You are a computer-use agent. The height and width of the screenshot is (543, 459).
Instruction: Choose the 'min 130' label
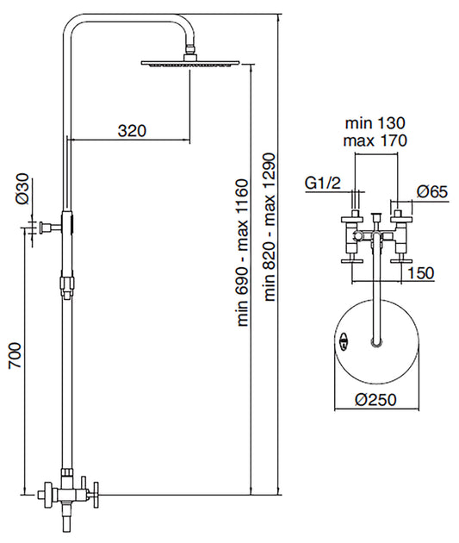pyautogui.click(x=374, y=123)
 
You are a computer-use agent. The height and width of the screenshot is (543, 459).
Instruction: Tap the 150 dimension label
pyautogui.click(x=419, y=272)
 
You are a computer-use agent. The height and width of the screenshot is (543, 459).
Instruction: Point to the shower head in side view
pyautogui.click(x=182, y=63)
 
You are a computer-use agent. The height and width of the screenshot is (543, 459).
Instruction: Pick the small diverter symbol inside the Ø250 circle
pyautogui.click(x=344, y=341)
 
